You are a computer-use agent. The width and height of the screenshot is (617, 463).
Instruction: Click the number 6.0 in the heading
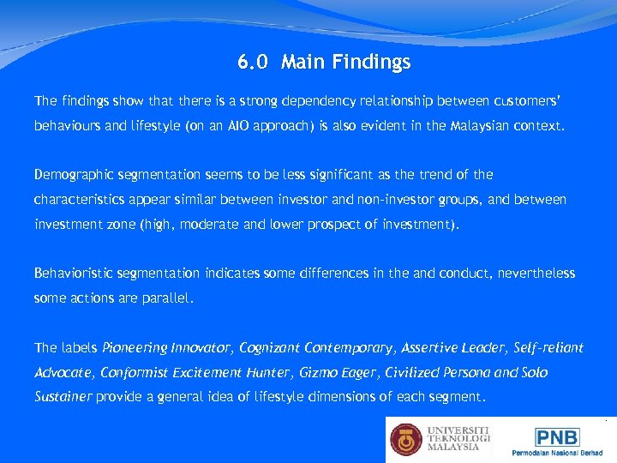pos(253,63)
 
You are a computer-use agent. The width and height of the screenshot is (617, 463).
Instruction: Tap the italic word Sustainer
pos(63,398)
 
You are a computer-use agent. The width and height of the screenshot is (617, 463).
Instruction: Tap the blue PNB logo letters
pos(557,436)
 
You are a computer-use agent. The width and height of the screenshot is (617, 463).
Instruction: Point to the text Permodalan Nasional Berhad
pos(558,452)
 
